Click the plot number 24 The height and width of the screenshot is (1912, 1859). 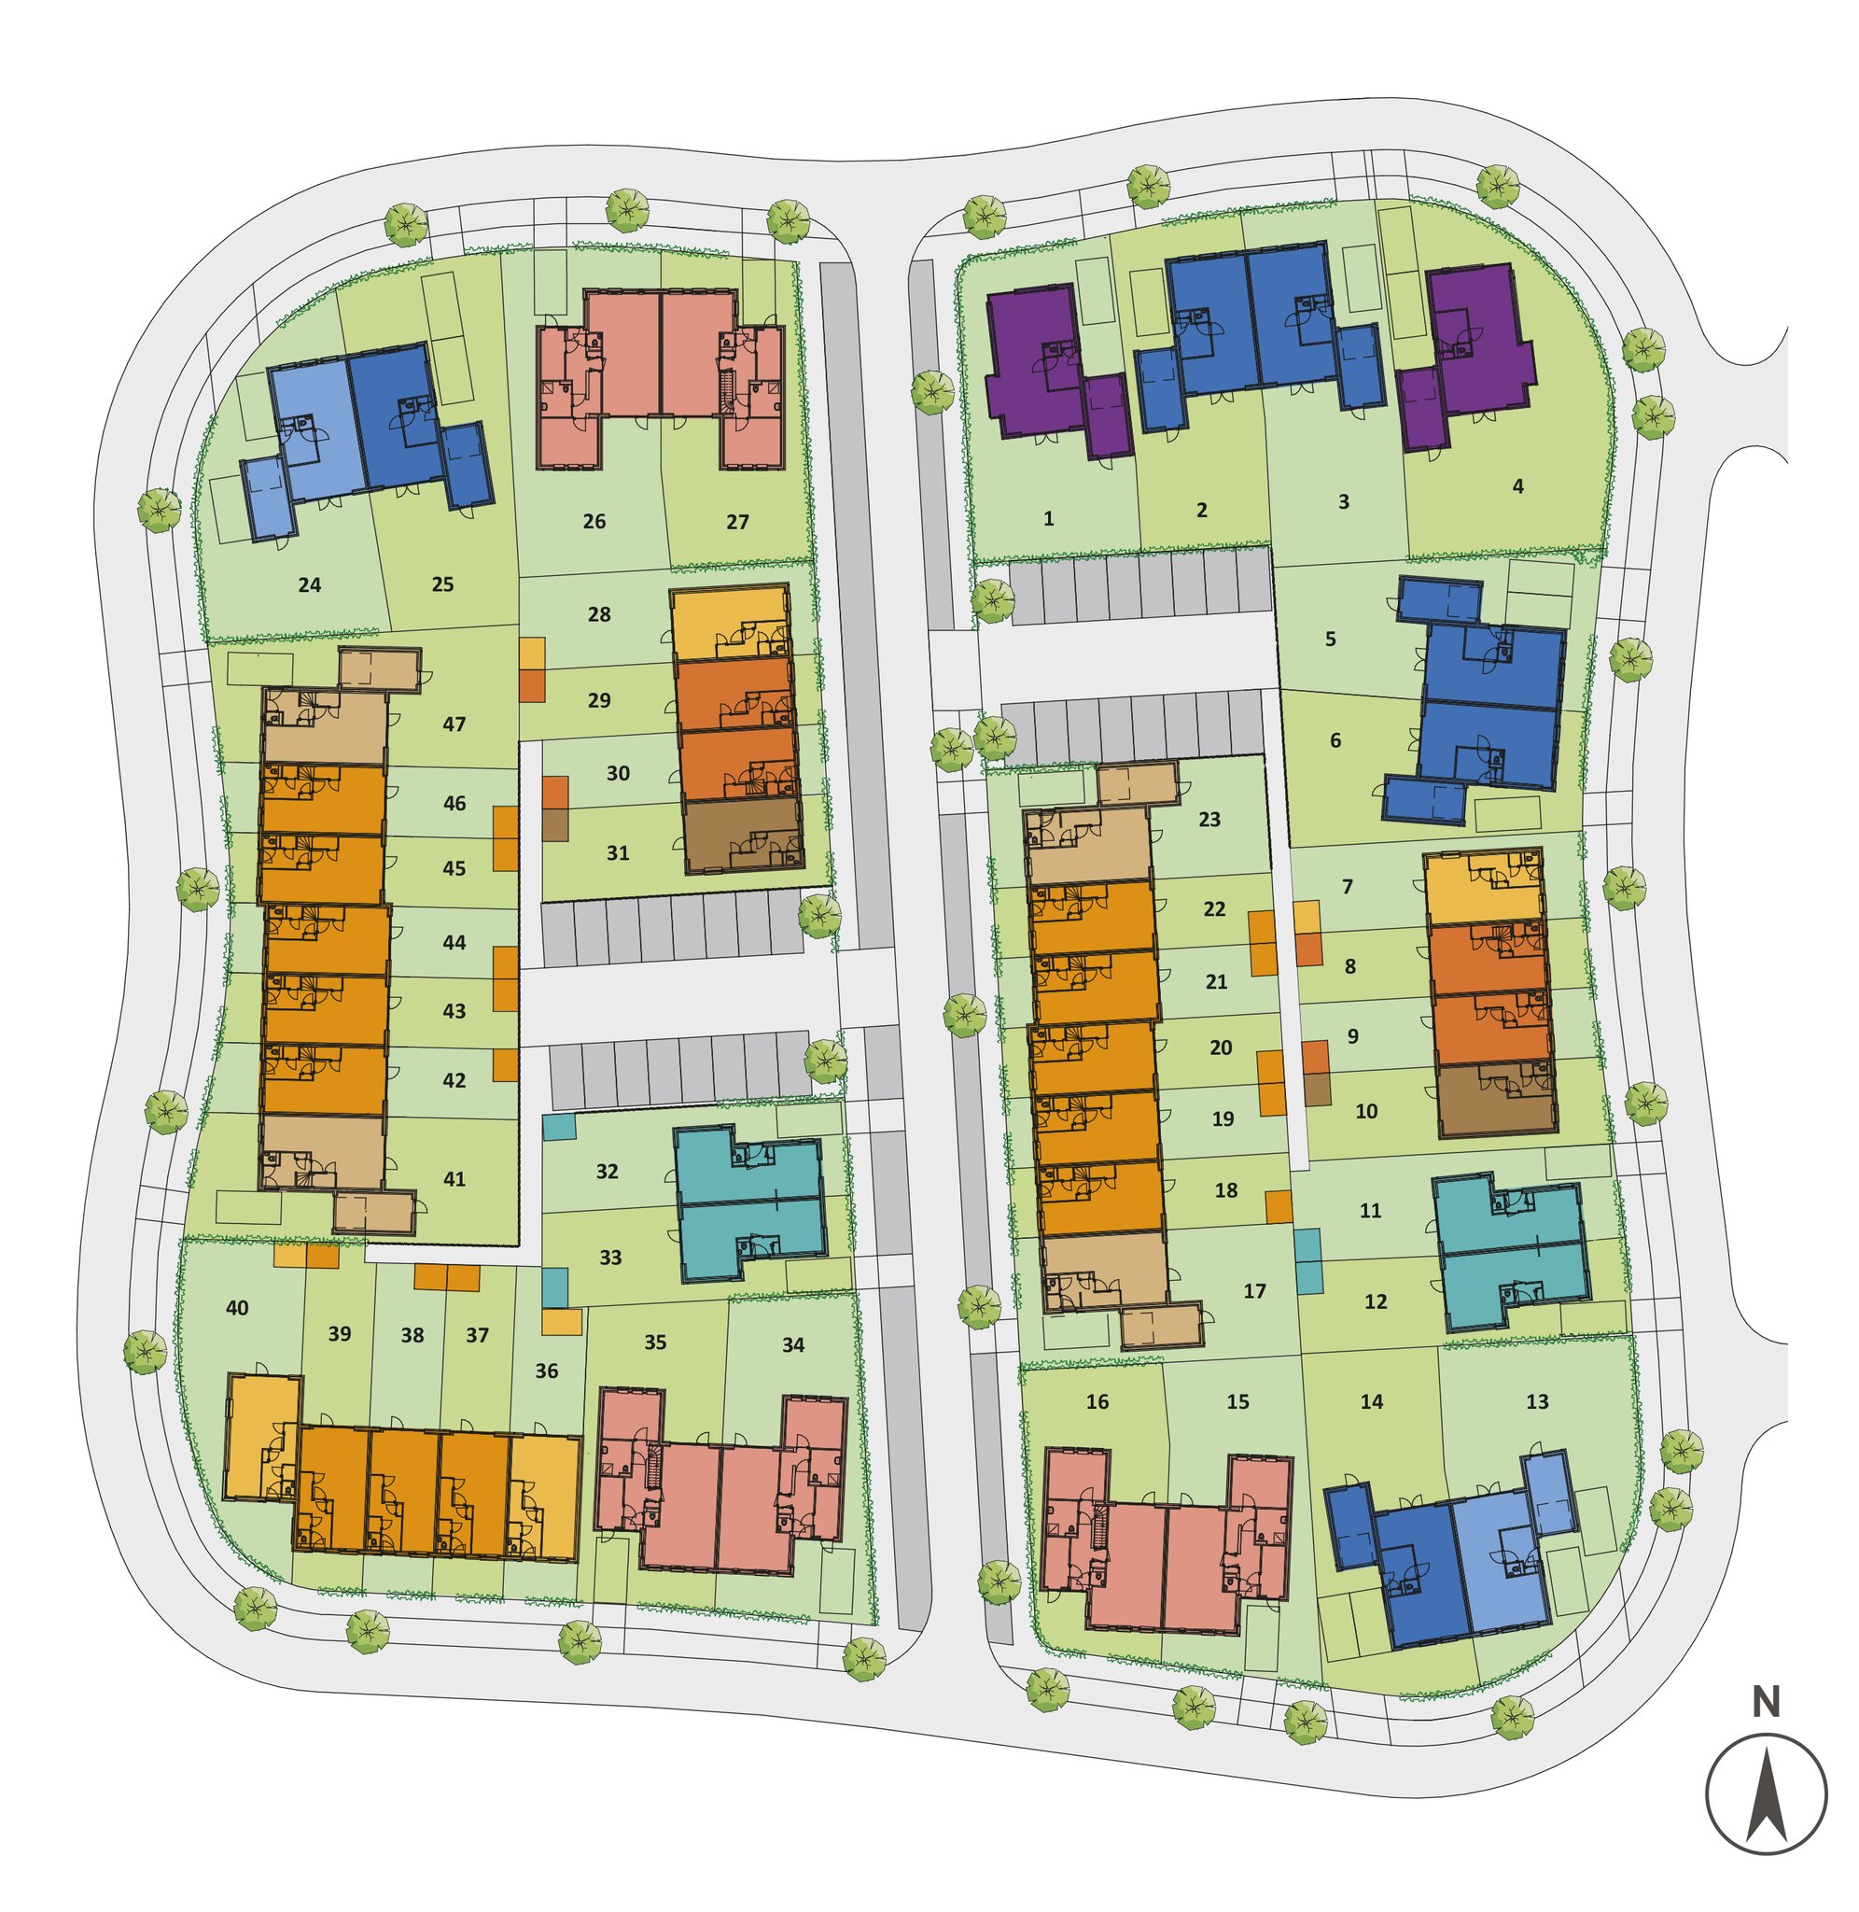click(x=310, y=586)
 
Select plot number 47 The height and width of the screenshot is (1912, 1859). click(x=454, y=724)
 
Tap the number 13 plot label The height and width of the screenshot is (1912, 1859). click(x=1538, y=1402)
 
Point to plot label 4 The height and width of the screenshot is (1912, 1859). click(x=1517, y=486)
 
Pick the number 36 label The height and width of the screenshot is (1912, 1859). click(x=547, y=1371)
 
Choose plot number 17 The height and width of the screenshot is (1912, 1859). click(x=1254, y=1291)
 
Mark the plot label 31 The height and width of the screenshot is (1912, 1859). click(x=618, y=853)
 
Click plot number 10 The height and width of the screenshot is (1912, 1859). click(x=1367, y=1111)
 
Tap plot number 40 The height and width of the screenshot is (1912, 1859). click(x=237, y=1308)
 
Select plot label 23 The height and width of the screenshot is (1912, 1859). click(x=1209, y=820)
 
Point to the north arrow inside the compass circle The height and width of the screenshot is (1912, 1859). click(x=1768, y=1794)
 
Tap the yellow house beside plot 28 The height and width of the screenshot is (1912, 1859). click(x=731, y=622)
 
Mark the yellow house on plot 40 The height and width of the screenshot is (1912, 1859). click(x=261, y=1437)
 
